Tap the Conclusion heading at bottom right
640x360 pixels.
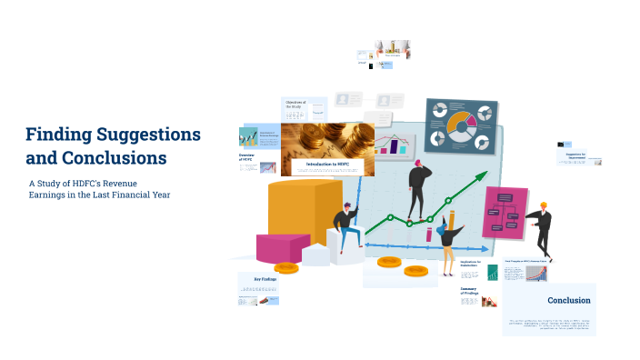(568, 300)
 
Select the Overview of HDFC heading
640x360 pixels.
(246, 158)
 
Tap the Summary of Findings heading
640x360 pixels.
(469, 291)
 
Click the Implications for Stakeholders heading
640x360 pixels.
(473, 265)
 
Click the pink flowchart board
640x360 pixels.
(505, 213)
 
